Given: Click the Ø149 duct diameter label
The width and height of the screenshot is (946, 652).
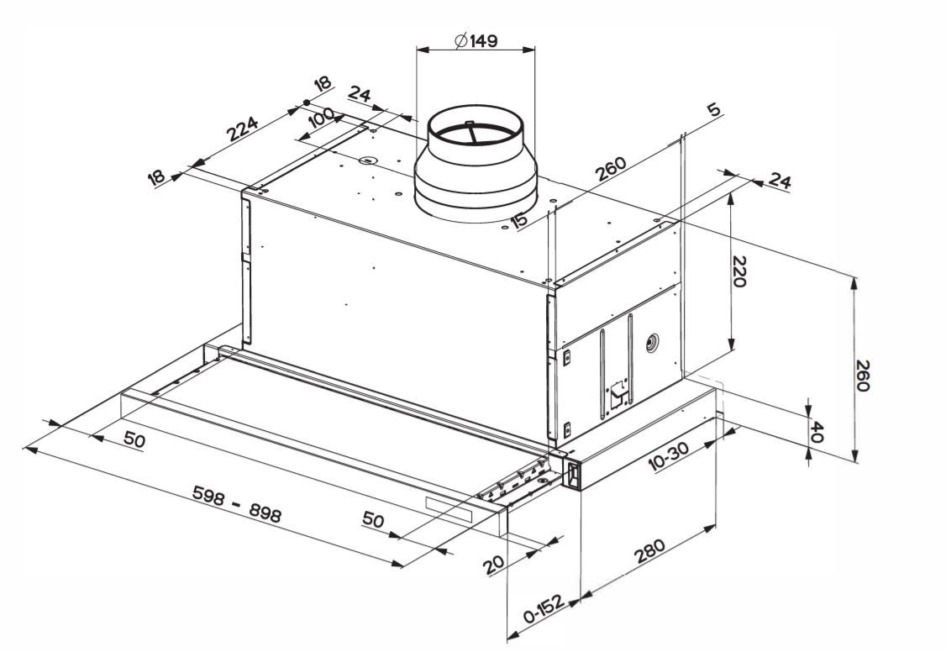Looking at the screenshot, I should pos(476,40).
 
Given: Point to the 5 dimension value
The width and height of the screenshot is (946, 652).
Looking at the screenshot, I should pos(713,110).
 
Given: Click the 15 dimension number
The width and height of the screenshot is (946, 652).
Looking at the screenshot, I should pos(519,219).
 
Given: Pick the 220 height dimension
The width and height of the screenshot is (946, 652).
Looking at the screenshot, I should pos(738,271).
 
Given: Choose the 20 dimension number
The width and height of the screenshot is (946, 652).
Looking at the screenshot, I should pos(496,564).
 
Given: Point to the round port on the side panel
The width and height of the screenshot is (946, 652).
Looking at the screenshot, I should pos(652,342).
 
